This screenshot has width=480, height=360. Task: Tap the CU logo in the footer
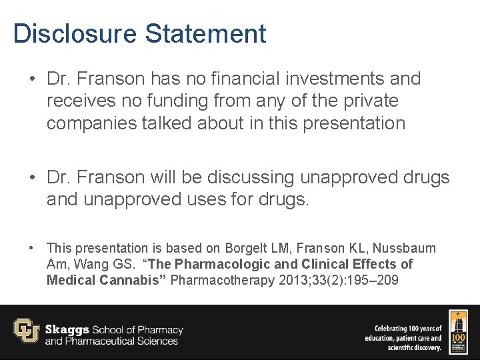(26, 331)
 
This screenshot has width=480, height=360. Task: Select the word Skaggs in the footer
(67, 329)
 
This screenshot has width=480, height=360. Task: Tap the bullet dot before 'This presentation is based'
(31, 248)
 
